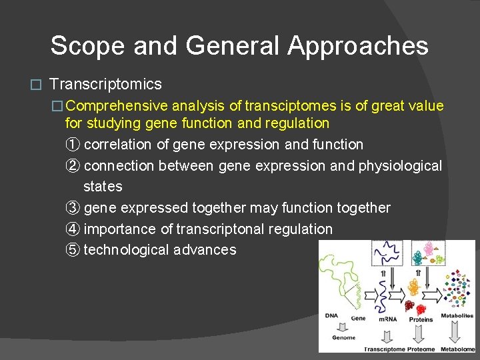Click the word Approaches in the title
358,46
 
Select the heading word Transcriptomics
105,84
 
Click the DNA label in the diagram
331,315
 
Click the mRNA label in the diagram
387,319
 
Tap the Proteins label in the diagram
421,319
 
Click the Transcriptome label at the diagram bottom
385,349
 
